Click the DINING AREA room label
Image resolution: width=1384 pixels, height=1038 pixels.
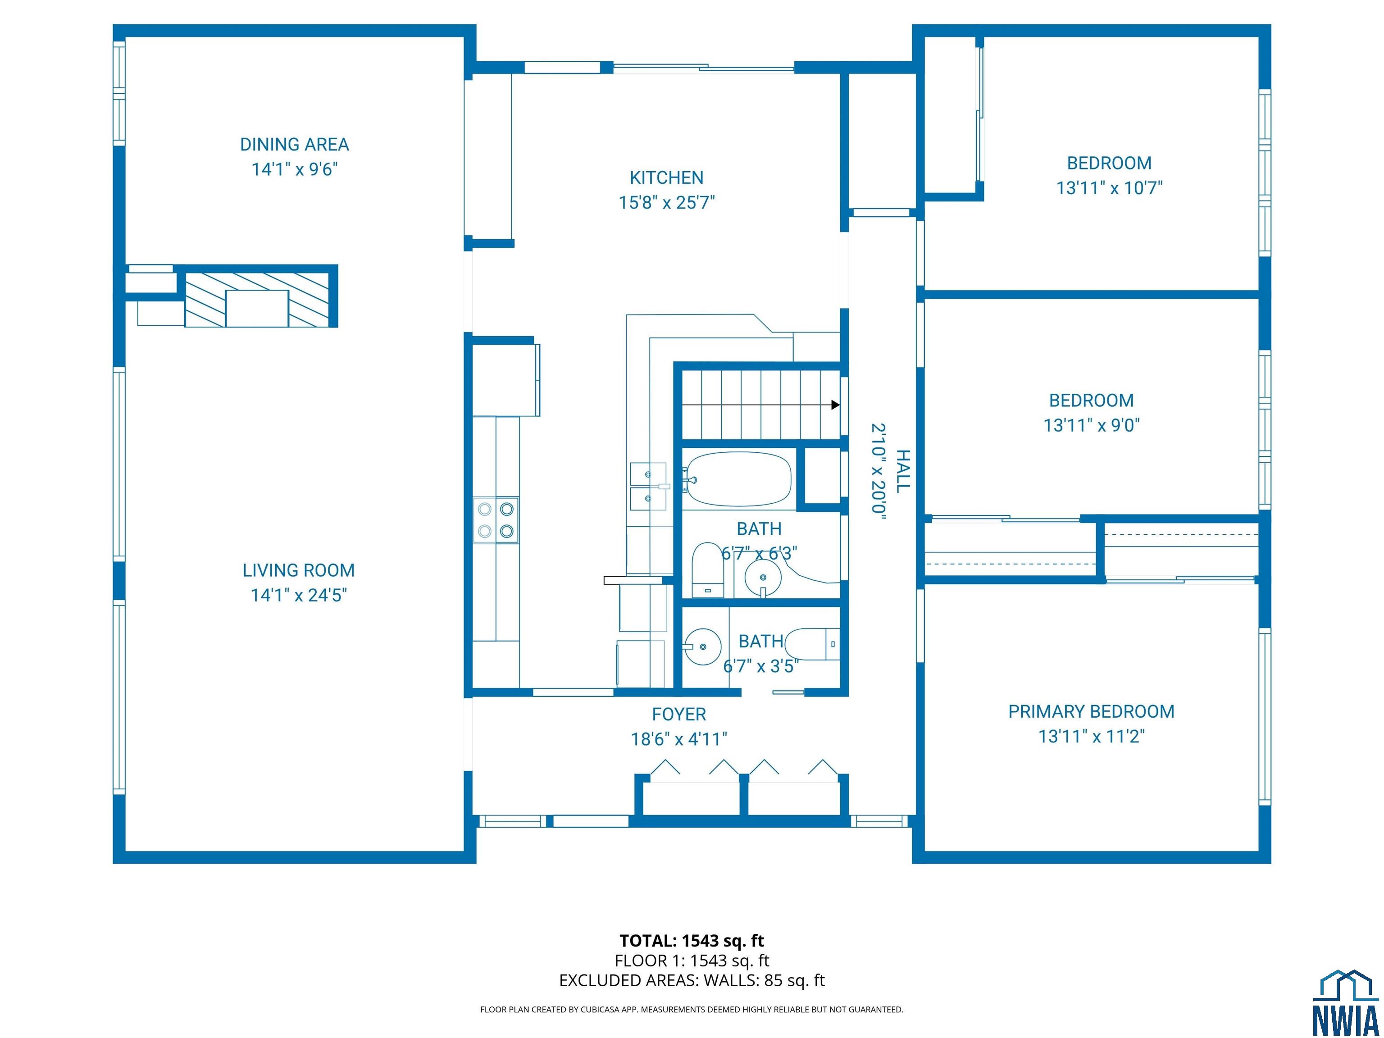(x=294, y=145)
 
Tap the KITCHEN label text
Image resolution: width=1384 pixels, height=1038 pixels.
(x=666, y=178)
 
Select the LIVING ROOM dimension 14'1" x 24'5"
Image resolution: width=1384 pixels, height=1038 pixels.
(x=298, y=595)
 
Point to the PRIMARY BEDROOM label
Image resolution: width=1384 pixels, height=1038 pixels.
(x=1091, y=711)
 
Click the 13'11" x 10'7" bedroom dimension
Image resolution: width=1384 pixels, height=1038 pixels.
(x=1109, y=188)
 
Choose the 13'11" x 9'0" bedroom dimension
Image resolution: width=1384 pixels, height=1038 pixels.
(x=1091, y=425)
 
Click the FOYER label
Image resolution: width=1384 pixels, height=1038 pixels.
(x=679, y=715)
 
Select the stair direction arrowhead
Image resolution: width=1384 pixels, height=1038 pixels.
(x=835, y=405)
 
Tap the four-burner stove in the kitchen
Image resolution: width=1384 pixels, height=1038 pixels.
(x=496, y=520)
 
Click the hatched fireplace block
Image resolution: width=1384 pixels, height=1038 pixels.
(x=257, y=300)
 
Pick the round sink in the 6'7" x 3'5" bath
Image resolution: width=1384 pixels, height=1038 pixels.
(x=703, y=646)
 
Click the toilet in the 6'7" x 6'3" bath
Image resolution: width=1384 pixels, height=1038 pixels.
(x=708, y=570)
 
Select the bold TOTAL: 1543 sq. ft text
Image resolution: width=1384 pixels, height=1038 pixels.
(x=692, y=940)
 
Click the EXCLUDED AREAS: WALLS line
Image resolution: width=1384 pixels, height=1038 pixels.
(x=692, y=980)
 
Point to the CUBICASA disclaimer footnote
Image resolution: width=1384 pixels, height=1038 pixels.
(x=692, y=1009)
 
